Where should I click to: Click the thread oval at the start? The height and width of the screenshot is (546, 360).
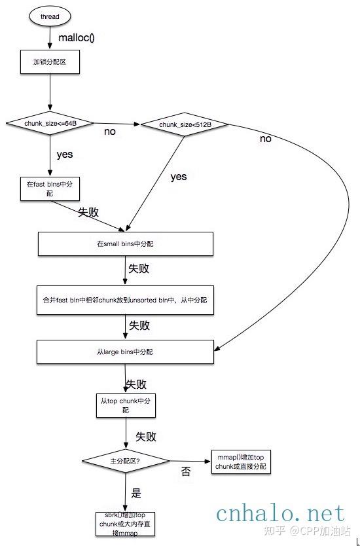50,16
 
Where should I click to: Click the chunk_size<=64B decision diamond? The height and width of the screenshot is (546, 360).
50,123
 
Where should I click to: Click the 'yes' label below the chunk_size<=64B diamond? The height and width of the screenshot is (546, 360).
64,155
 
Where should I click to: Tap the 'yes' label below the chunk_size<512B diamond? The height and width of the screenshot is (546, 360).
178,176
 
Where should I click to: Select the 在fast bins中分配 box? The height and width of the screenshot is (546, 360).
50,189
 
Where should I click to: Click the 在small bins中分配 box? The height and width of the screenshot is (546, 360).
125,244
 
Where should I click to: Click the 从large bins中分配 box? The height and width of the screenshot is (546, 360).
125,352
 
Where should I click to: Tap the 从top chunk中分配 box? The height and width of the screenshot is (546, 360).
126,405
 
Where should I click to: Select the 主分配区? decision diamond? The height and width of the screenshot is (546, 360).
124,462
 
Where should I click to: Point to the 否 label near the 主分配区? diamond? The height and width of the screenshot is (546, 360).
185,472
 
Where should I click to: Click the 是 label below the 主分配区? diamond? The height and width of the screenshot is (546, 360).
136,493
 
